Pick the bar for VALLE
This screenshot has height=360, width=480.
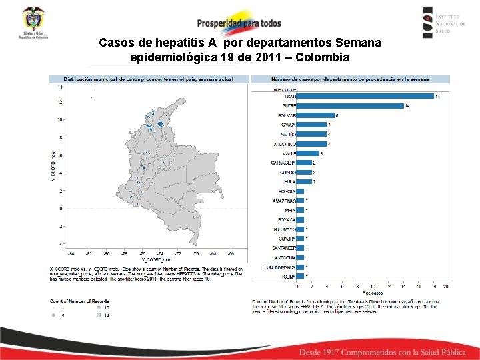coord(307,153)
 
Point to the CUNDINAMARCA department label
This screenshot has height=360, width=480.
coord(279,267)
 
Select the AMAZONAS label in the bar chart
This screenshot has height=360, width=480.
coord(284,201)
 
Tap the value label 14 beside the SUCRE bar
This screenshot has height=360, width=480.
coord(407,106)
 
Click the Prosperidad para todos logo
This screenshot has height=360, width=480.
coord(239,21)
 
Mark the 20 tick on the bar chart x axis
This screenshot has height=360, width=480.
coord(445,286)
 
